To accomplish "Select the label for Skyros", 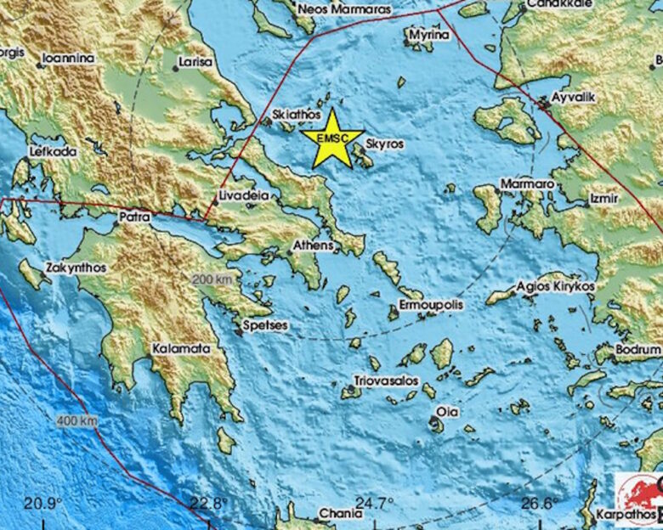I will (x=385, y=144).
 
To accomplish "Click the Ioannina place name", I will (x=68, y=59).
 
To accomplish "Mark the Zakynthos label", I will (x=76, y=267).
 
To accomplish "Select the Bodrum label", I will (x=639, y=349).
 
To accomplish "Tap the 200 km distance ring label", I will (x=211, y=279).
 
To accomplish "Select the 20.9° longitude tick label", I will (x=42, y=503).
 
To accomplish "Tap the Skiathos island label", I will (x=297, y=114).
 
